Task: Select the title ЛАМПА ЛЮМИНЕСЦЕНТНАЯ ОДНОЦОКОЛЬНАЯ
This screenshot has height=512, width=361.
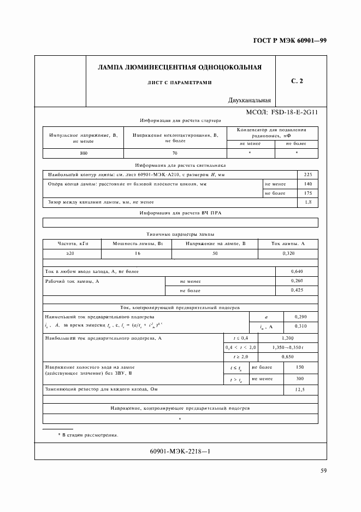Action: click(179, 68)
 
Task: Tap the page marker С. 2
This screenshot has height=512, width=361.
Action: click(297, 82)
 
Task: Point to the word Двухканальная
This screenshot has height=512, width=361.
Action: click(250, 100)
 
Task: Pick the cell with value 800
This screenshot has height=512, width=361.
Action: click(84, 154)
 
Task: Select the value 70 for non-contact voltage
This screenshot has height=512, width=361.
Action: click(175, 154)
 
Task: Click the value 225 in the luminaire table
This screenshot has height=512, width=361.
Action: click(307, 174)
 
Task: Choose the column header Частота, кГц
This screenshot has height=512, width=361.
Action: click(73, 243)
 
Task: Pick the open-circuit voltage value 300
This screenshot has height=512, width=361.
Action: click(299, 379)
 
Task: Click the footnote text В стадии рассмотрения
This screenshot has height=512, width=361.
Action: click(91, 435)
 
